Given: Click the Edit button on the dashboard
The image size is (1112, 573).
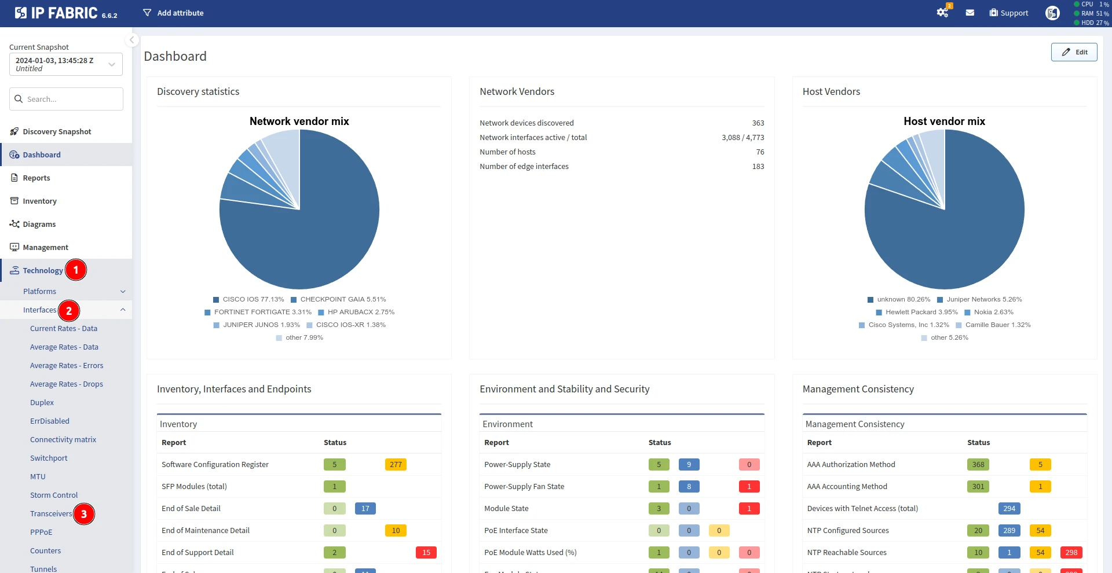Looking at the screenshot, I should [x=1074, y=52].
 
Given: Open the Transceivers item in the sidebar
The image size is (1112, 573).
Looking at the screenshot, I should [x=51, y=513].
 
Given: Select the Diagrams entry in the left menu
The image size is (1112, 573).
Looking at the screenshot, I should [x=39, y=224].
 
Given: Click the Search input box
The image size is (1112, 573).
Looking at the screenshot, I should [x=66, y=99].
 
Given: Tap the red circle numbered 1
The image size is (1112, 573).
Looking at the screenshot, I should [x=76, y=270].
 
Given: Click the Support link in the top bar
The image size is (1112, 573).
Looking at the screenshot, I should [x=1009, y=13].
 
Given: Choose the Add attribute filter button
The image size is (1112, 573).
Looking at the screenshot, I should [x=173, y=13].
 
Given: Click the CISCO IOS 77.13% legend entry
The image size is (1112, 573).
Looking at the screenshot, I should [x=248, y=299].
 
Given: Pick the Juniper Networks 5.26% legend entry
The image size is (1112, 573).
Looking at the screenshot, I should [x=979, y=299].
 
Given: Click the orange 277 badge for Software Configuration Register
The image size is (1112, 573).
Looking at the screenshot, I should [x=396, y=464].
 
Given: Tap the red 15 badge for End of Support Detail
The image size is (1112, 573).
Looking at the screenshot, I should [x=426, y=552].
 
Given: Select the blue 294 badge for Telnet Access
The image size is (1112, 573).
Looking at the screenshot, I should [x=1009, y=508].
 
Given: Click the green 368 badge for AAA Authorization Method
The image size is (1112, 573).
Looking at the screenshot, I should [x=978, y=464].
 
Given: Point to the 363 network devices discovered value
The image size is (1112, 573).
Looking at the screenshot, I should [x=758, y=123].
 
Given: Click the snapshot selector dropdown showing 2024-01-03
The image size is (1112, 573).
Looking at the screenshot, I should [x=66, y=64].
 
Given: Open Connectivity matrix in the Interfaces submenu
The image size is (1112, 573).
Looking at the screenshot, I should [x=63, y=439].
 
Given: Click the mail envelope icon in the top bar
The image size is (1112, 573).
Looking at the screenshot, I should [x=970, y=13].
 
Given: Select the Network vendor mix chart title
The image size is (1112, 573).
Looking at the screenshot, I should [x=299, y=121].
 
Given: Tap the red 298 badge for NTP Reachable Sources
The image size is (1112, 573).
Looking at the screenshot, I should [x=1071, y=552].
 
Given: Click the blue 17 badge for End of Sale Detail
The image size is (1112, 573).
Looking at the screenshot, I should [x=365, y=508].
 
